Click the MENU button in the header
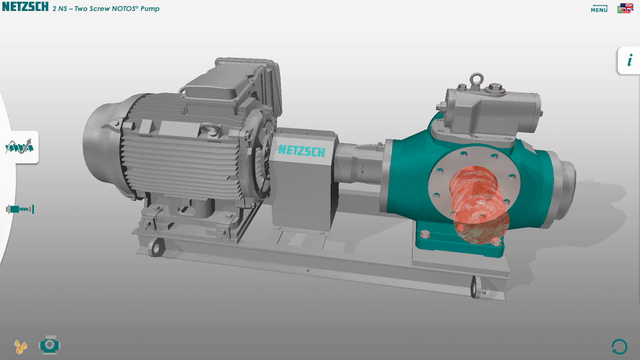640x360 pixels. click(599, 9)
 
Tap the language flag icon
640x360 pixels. click(625, 8)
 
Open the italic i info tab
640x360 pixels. click(630, 61)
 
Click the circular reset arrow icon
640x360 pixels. click(619, 347)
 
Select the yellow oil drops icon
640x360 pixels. click(21, 346)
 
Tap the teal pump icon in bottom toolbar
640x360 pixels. click(50, 345)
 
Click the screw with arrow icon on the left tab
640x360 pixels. click(19, 147)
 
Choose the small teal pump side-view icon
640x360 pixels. click(20, 209)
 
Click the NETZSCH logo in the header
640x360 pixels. click(25, 7)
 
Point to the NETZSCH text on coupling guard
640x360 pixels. click(302, 151)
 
